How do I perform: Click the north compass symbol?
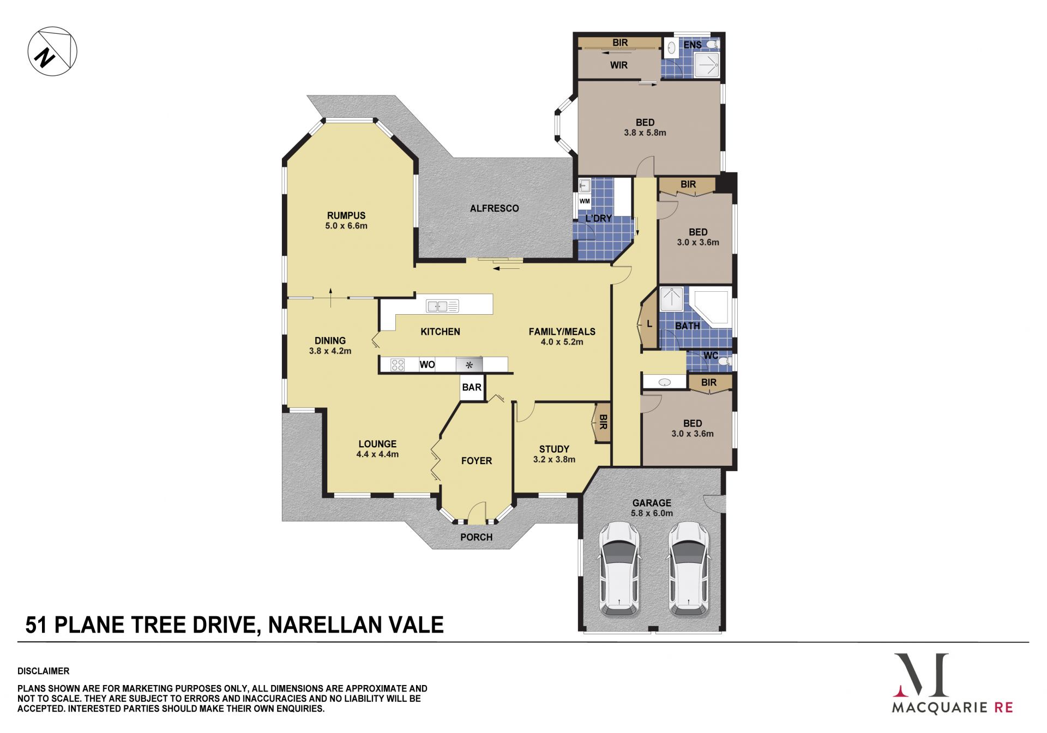[52, 51]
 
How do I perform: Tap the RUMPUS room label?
[346, 215]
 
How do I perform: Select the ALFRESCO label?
[495, 208]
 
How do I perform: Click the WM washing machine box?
[585, 201]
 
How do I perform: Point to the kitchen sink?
[442, 306]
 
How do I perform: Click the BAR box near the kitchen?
[472, 387]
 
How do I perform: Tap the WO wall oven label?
[427, 364]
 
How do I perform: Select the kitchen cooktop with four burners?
[398, 365]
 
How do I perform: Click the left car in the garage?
[619, 569]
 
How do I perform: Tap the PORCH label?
[476, 537]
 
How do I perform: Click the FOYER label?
[477, 461]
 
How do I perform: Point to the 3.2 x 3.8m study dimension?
[554, 459]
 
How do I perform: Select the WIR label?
[619, 65]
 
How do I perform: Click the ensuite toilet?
[712, 44]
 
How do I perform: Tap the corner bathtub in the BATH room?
[711, 308]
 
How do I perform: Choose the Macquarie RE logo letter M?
[922, 675]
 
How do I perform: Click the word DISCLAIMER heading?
[44, 671]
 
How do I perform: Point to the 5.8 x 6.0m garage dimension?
[652, 513]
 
